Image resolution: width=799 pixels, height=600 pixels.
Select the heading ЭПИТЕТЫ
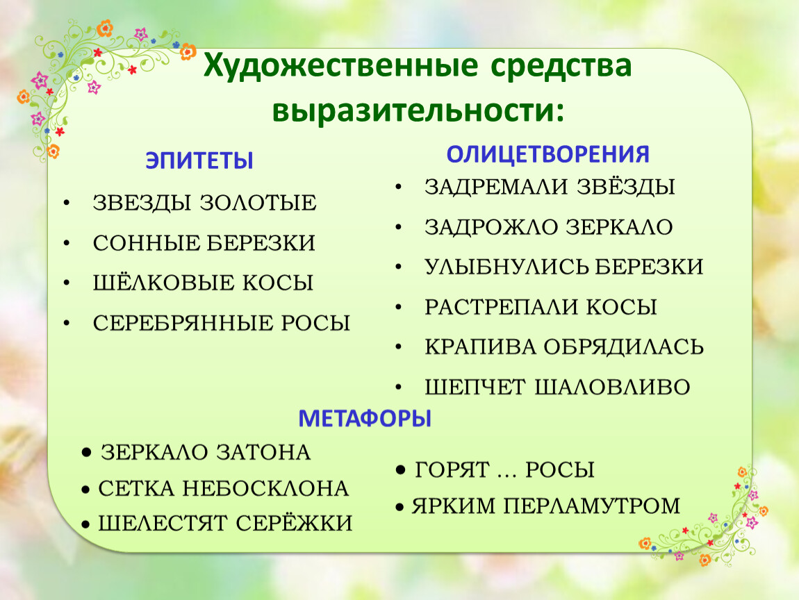(x=199, y=160)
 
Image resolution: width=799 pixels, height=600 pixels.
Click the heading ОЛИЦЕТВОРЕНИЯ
(x=547, y=154)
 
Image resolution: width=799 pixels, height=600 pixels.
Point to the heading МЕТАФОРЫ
(x=364, y=419)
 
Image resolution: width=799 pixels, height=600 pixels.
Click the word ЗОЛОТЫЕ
(x=258, y=203)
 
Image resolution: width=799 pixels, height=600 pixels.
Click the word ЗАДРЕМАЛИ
(x=496, y=187)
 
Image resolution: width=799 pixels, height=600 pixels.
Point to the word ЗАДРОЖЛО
(x=491, y=227)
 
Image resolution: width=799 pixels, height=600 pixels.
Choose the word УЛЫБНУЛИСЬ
(x=506, y=267)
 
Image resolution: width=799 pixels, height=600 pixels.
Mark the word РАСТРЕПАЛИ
(x=500, y=307)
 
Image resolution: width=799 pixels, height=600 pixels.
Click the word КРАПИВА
(x=480, y=347)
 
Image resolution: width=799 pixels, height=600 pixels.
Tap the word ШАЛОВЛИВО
(x=612, y=387)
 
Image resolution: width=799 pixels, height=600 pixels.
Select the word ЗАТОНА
(x=263, y=452)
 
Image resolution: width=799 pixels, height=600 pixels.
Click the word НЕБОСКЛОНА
(x=265, y=489)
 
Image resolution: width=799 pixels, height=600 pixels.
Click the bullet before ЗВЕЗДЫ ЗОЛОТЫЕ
(x=67, y=203)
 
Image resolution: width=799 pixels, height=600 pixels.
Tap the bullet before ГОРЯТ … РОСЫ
(x=402, y=469)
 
